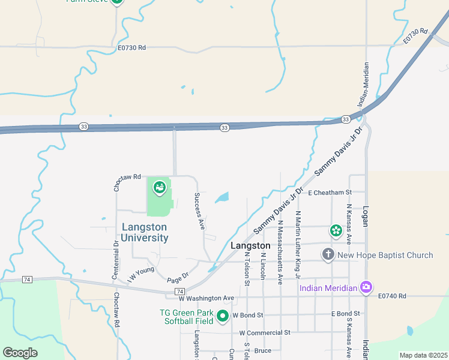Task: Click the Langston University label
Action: [x=145, y=232]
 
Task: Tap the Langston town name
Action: [x=250, y=246]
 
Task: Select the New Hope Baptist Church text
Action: [x=385, y=255]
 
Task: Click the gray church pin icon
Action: [x=328, y=254]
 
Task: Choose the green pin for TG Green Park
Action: [x=223, y=316]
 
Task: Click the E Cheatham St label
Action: [x=328, y=193]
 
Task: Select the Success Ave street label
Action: [x=199, y=211]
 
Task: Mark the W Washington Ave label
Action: [x=206, y=298]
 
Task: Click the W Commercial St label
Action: [x=264, y=332]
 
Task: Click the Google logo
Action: [x=20, y=353]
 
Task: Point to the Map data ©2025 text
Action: [x=423, y=355]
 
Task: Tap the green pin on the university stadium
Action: [x=159, y=188]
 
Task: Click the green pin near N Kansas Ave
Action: [x=336, y=230]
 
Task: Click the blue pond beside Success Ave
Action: [x=221, y=197]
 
